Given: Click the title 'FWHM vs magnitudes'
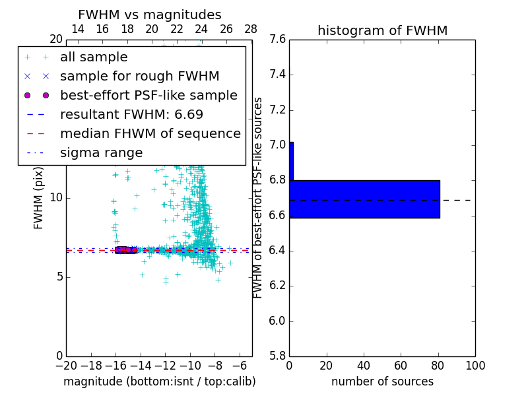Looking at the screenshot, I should pyautogui.click(x=150, y=15).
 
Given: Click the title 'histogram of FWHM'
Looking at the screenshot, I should pyautogui.click(x=382, y=30).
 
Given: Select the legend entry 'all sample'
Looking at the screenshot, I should pyautogui.click(x=94, y=57).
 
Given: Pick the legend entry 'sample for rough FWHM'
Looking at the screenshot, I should pyautogui.click(x=139, y=77).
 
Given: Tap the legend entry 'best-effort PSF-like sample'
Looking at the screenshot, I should pyautogui.click(x=148, y=95).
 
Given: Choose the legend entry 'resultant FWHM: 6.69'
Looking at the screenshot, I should pyautogui.click(x=142, y=114).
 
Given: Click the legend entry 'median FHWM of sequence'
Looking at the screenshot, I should pyautogui.click(x=150, y=133).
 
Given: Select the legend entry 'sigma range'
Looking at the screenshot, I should pyautogui.click(x=101, y=152).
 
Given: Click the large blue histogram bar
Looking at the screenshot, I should pyautogui.click(x=365, y=199).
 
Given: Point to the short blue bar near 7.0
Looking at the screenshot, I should pyautogui.click(x=291, y=161).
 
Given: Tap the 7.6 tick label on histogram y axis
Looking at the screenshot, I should pyautogui.click(x=277, y=39).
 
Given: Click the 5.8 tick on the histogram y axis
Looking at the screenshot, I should pyautogui.click(x=277, y=356).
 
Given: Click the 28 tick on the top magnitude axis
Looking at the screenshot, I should pyautogui.click(x=251, y=29).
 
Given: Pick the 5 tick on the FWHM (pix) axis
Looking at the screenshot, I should pyautogui.click(x=58, y=277).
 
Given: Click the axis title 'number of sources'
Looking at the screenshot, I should pyautogui.click(x=382, y=381).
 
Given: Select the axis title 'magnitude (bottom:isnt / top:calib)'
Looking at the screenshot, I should pyautogui.click(x=159, y=381).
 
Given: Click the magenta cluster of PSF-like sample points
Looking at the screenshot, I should pyautogui.click(x=125, y=249).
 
